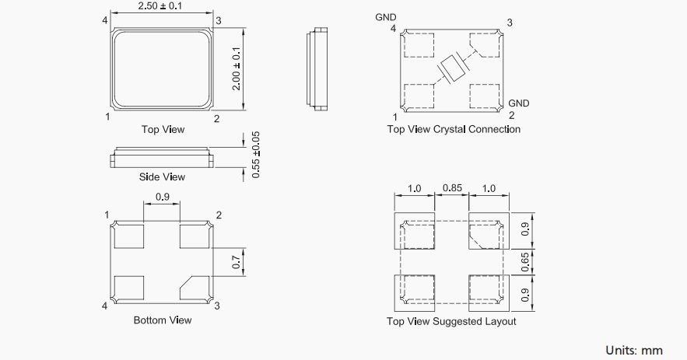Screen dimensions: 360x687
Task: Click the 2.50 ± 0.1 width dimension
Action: pos(162,7)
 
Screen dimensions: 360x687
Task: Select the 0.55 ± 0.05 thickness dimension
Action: pos(257,156)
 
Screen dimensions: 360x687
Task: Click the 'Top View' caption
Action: pos(163,129)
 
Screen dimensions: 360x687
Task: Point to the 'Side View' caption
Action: pos(162,177)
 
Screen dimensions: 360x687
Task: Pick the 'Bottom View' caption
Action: pos(163,320)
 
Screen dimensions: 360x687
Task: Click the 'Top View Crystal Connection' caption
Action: pos(454,129)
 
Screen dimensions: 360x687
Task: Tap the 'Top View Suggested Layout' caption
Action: pos(451,321)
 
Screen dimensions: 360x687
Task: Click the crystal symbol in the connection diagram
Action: pos(451,69)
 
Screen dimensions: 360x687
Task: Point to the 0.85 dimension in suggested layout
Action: pos(452,189)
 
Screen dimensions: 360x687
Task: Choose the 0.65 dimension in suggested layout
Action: pos(525,262)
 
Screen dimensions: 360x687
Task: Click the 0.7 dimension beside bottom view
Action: pos(237,262)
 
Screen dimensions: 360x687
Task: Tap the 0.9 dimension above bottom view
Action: pos(162,197)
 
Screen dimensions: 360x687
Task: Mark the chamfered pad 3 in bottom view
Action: pos(195,288)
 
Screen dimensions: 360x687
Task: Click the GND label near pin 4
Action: pos(386,16)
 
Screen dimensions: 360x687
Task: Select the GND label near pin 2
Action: pos(518,103)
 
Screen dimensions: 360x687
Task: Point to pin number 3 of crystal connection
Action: pos(509,23)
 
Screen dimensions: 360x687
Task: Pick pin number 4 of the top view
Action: pos(104,19)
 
